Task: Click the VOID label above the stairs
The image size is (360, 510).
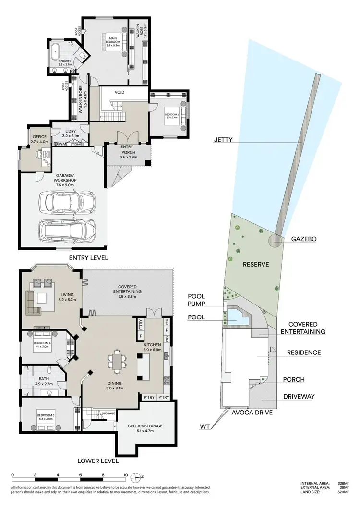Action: [120, 92]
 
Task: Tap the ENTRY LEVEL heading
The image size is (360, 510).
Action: [88, 258]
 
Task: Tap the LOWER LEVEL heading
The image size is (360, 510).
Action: [97, 461]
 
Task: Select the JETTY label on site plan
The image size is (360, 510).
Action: [223, 140]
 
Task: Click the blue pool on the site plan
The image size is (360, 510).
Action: [237, 316]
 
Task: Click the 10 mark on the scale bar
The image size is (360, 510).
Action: [126, 475]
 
